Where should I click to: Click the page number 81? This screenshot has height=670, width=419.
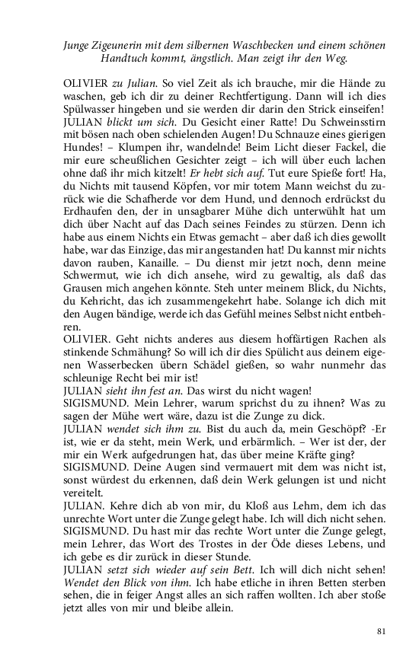point(382,631)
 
